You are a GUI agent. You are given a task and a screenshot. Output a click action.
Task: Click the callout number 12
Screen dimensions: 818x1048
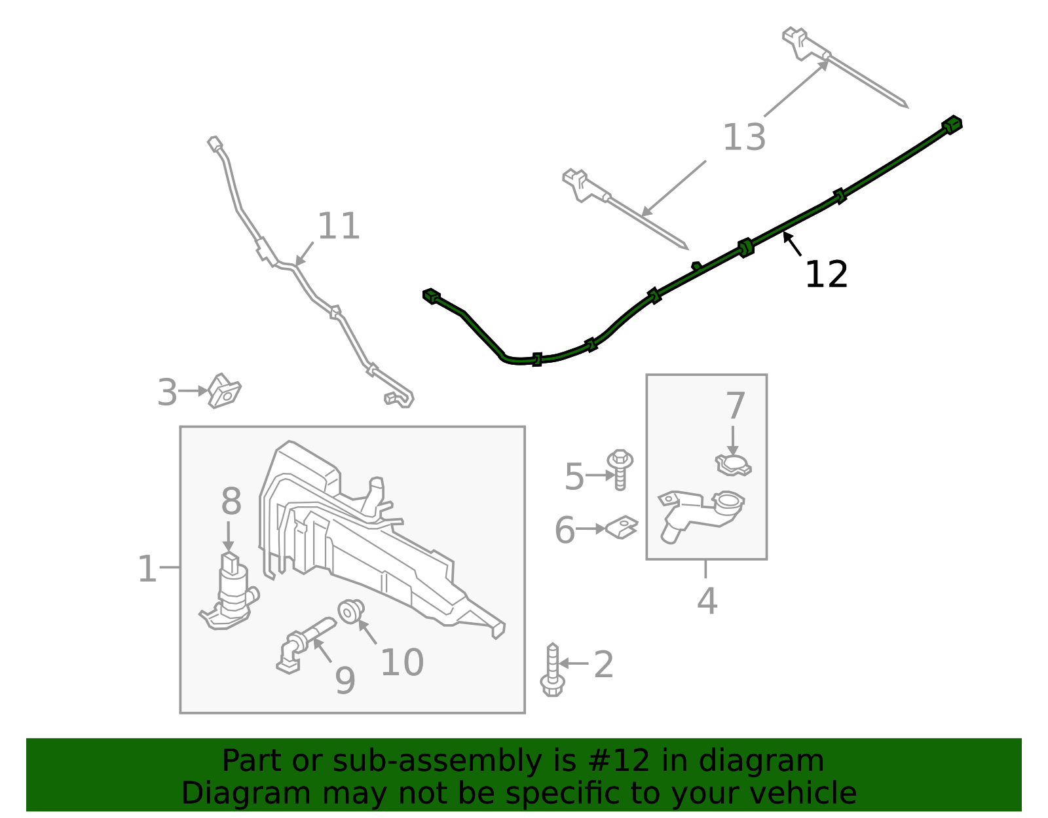pyautogui.click(x=826, y=274)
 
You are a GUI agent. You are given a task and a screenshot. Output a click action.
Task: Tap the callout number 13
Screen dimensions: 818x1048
pyautogui.click(x=744, y=138)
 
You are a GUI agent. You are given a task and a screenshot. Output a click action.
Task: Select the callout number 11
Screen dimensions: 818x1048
pyautogui.click(x=339, y=226)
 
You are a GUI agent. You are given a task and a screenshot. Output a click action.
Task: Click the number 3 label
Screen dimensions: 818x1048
pyautogui.click(x=167, y=393)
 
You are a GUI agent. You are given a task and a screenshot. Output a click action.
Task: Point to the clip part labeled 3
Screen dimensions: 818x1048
pyautogui.click(x=224, y=391)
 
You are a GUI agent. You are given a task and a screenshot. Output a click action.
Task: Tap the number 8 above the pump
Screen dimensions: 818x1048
pyautogui.click(x=231, y=502)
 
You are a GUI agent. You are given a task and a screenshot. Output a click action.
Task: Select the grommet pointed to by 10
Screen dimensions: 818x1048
pyautogui.click(x=350, y=610)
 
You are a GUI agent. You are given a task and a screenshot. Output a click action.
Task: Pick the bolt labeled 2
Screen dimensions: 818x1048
pyautogui.click(x=552, y=671)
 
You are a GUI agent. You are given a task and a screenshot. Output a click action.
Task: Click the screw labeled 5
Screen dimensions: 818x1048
pyautogui.click(x=620, y=469)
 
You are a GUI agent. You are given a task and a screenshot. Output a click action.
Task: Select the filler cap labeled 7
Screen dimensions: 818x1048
pyautogui.click(x=733, y=465)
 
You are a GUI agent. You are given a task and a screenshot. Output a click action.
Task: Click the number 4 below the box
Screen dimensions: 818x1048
pyautogui.click(x=707, y=601)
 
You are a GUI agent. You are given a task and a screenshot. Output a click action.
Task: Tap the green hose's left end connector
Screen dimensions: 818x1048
pyautogui.click(x=431, y=296)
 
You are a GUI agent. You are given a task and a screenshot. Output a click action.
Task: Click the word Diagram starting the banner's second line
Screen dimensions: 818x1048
pyautogui.click(x=218, y=793)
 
